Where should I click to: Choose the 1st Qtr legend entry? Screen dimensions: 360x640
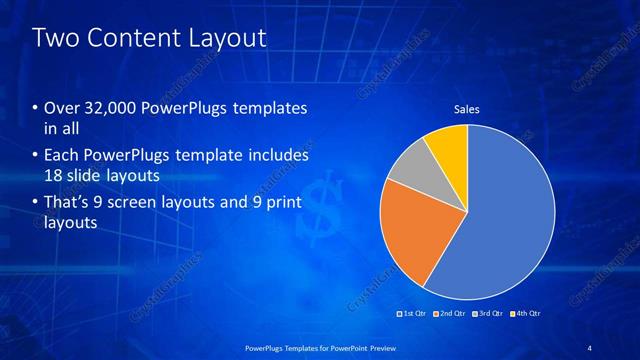click(x=413, y=314)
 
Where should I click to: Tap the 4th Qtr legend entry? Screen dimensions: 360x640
click(x=527, y=314)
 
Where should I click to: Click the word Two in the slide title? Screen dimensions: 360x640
click(x=54, y=39)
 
